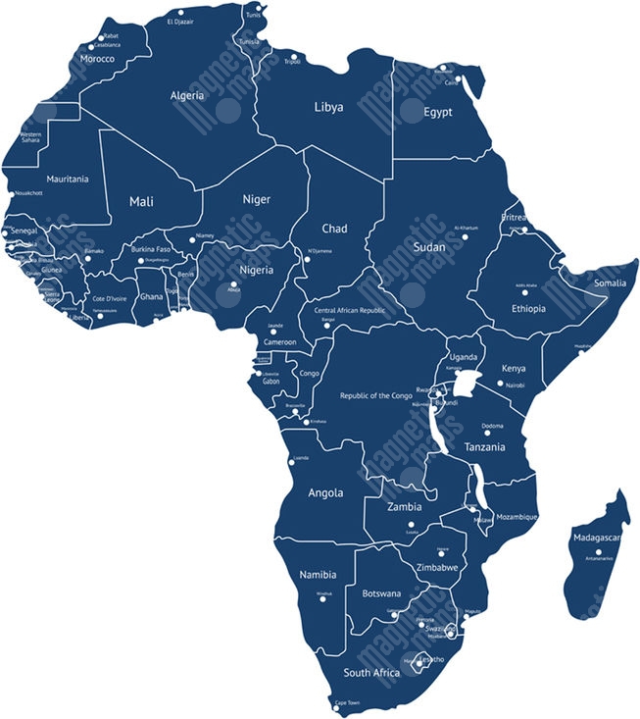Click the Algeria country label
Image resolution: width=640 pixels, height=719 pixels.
tap(187, 95)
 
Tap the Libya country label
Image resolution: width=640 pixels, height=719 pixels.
tap(328, 106)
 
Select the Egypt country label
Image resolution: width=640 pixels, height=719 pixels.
tap(438, 112)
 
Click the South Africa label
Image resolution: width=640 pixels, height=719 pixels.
tap(371, 673)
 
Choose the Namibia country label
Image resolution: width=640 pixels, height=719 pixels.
tap(318, 574)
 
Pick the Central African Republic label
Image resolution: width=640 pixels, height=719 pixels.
tap(350, 310)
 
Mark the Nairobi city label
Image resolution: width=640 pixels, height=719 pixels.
tap(515, 385)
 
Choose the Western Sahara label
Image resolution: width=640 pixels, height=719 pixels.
tap(30, 137)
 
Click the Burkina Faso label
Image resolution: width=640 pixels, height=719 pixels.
tap(151, 249)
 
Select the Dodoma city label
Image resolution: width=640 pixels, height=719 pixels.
tap(492, 425)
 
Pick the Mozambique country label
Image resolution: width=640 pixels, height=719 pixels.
tap(517, 516)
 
